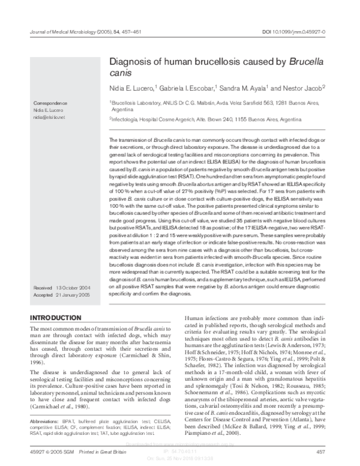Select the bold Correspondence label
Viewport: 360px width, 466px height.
click(x=51, y=103)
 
